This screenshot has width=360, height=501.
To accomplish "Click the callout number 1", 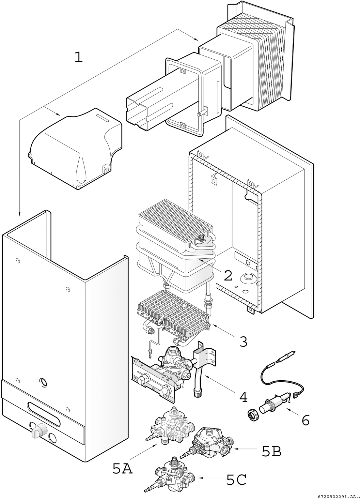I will pyautogui.click(x=78, y=57).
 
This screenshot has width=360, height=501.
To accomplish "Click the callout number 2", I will pyautogui.click(x=224, y=275).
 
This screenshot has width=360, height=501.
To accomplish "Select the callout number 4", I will pyautogui.click(x=243, y=397).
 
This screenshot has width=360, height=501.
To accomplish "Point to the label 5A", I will pyautogui.click(x=122, y=469).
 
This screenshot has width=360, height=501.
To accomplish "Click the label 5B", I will pyautogui.click(x=272, y=451).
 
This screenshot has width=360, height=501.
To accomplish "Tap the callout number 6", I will pyautogui.click(x=305, y=420).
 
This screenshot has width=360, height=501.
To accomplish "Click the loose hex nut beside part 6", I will pyautogui.click(x=253, y=415).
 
